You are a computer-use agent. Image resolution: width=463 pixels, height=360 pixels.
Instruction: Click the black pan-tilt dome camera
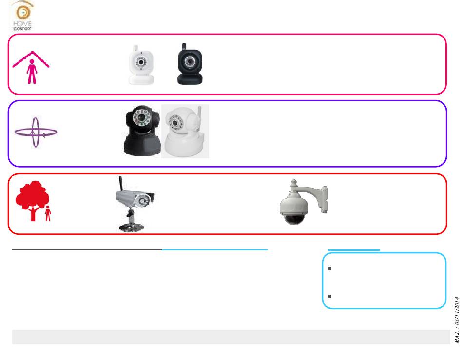(x=142, y=131)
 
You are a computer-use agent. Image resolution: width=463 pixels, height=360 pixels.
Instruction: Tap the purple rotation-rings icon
(x=36, y=132)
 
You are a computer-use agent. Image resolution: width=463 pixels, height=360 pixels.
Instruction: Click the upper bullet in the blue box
(x=330, y=268)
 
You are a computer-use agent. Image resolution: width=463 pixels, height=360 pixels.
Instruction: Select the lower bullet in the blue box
(x=330, y=296)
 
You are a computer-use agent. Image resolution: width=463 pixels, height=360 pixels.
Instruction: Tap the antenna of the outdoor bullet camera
(x=118, y=184)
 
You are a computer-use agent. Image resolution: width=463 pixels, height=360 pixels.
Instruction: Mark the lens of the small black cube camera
(x=190, y=63)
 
